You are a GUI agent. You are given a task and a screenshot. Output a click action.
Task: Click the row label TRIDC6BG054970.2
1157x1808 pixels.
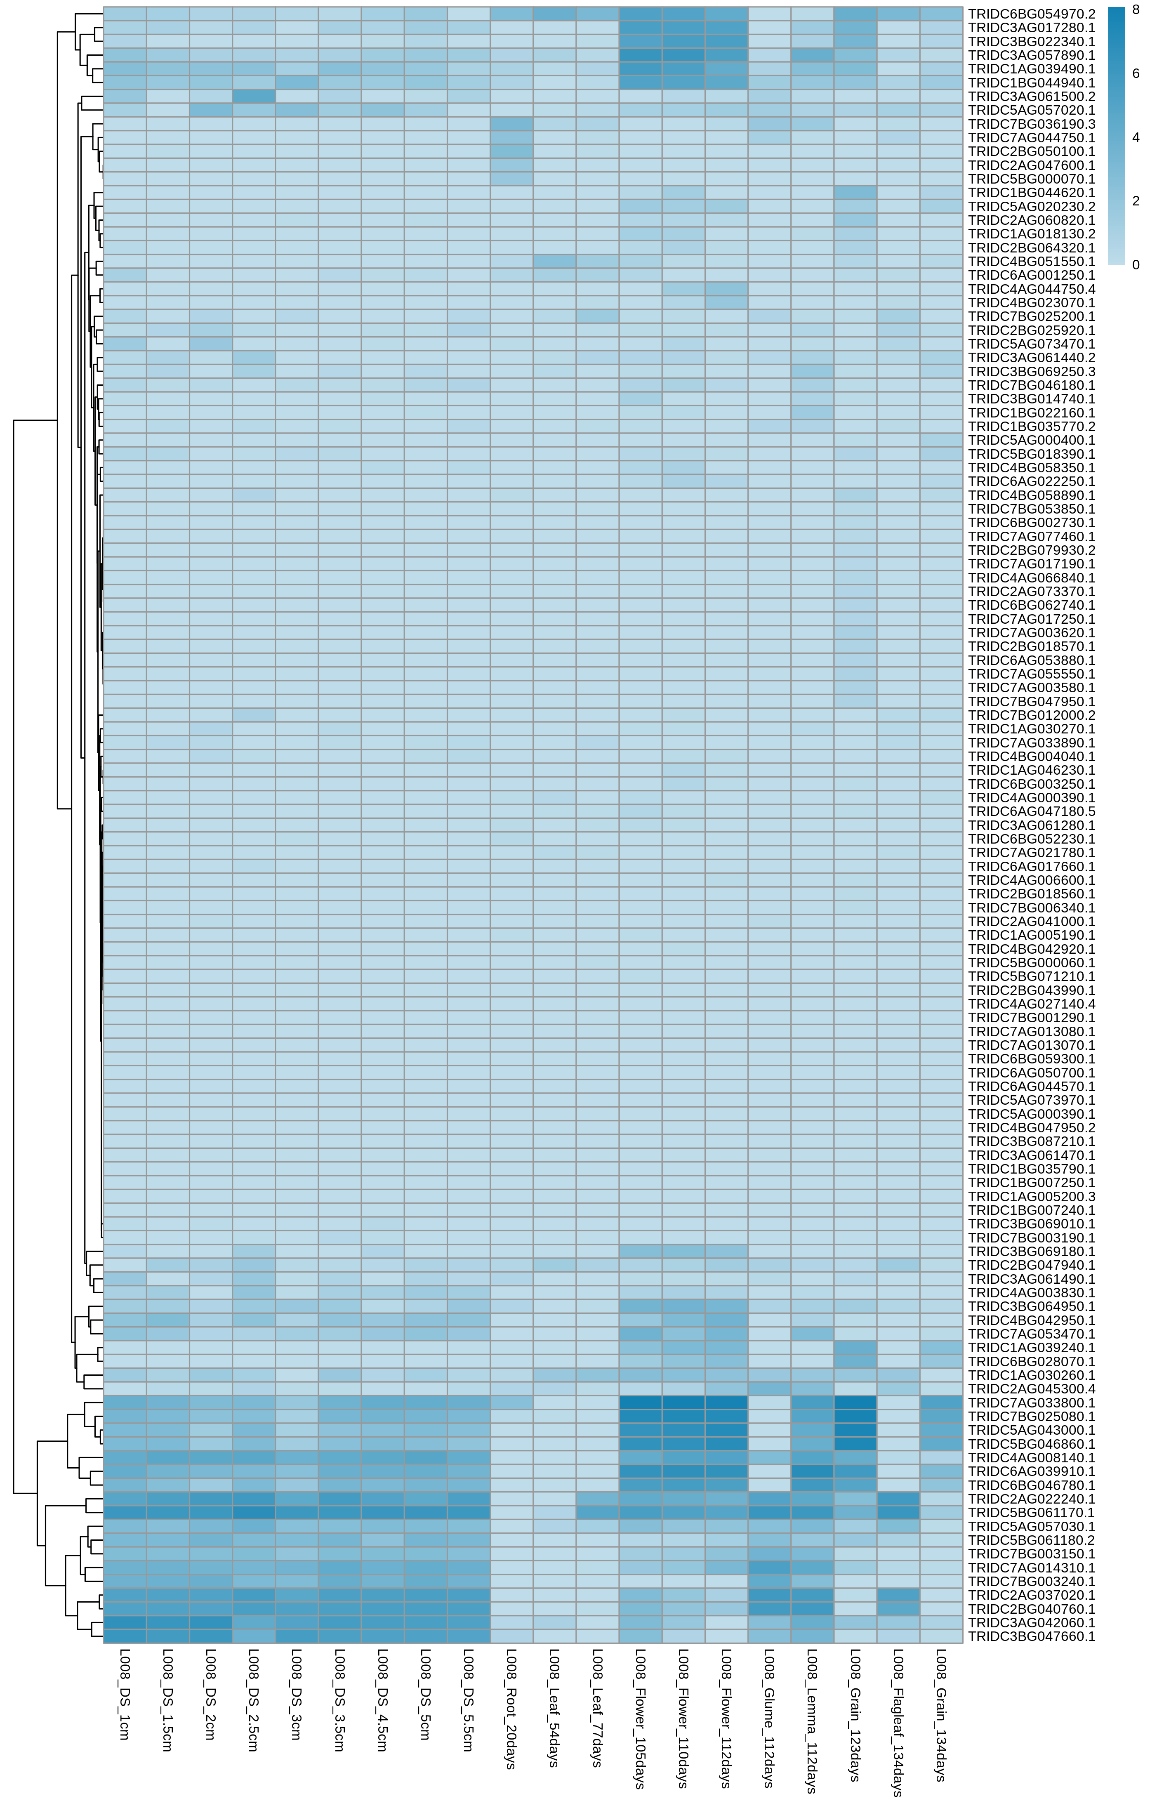pos(1031,14)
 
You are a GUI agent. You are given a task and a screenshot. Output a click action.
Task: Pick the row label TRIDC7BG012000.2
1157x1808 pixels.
pos(1031,715)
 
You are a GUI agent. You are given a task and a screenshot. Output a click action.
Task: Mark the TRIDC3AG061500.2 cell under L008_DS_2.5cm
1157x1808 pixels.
pos(254,97)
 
